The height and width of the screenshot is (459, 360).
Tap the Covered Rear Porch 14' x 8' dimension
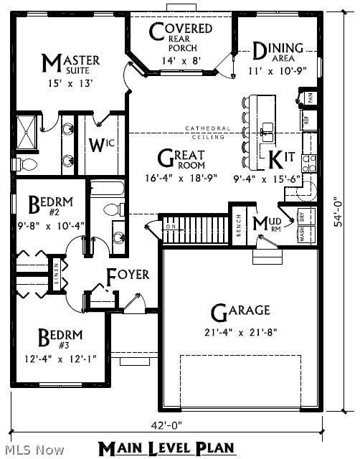180,62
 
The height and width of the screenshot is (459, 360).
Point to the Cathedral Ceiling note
209,132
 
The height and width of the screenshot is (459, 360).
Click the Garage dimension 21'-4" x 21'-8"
229,332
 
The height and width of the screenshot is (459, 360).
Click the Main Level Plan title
166,448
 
